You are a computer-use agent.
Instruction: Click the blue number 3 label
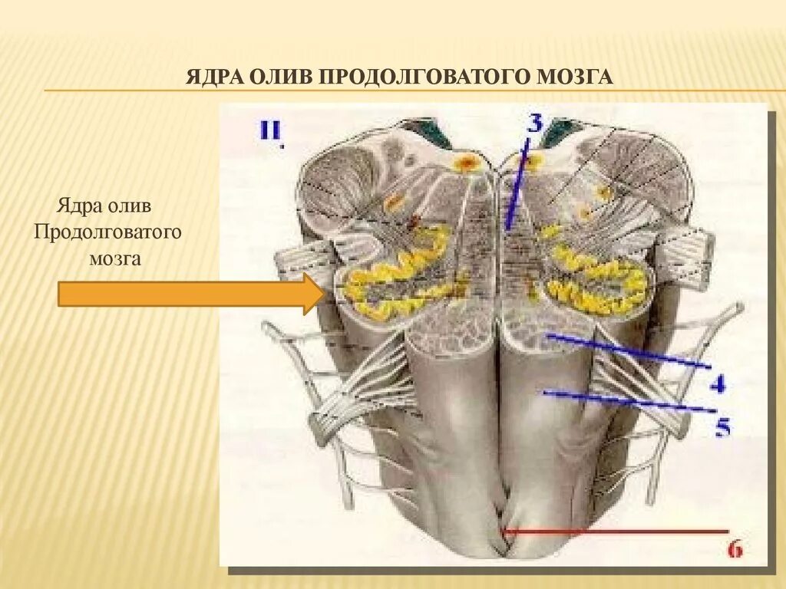tap(535, 123)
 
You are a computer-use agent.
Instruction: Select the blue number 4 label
tap(718, 383)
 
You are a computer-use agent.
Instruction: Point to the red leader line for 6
tap(614, 530)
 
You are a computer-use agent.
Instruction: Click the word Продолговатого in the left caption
tap(107, 232)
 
